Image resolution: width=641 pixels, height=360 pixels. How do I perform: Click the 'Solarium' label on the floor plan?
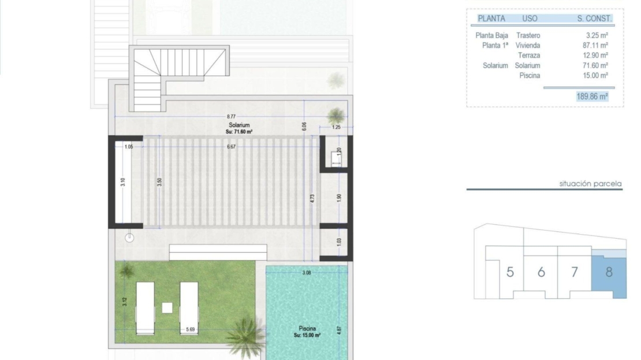(x=239, y=125)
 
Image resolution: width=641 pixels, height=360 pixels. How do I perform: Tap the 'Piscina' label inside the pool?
(x=307, y=328)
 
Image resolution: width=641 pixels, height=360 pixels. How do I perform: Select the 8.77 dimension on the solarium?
(x=231, y=117)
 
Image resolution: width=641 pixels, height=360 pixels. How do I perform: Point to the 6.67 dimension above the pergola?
(x=232, y=146)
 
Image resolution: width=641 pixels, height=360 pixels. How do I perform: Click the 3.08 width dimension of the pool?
(x=307, y=272)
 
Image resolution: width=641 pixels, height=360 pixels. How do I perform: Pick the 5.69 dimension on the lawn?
(x=191, y=329)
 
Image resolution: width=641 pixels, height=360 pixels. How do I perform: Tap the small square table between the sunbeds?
(x=167, y=307)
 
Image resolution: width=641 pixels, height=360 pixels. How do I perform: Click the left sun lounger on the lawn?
(x=145, y=308)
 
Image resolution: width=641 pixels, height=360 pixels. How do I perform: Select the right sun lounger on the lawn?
(x=189, y=308)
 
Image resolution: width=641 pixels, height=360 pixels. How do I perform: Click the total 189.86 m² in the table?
(x=592, y=97)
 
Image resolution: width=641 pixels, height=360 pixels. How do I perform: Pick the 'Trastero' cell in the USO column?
(x=528, y=36)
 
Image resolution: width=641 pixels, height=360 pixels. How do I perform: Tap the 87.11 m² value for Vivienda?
(x=595, y=46)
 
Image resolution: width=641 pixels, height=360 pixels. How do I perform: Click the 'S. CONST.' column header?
(x=594, y=18)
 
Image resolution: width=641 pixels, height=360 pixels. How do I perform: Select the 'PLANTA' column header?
(x=491, y=18)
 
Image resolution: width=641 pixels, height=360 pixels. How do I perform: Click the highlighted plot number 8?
(x=609, y=272)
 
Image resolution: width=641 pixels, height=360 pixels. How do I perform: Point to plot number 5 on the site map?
(x=510, y=272)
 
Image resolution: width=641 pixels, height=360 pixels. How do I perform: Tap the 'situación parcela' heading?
(x=590, y=184)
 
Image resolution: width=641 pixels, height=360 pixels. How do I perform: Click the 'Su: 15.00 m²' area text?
(x=307, y=335)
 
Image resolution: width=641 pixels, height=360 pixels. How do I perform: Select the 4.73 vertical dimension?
(x=312, y=199)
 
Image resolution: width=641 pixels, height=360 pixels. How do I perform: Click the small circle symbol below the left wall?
(x=129, y=237)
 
